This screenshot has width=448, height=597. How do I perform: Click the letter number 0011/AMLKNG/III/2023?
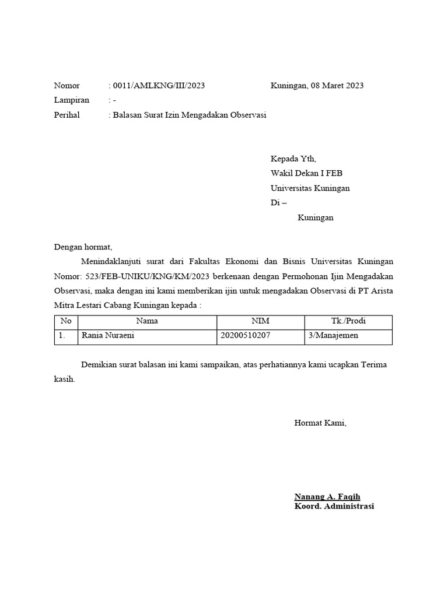[x=159, y=86]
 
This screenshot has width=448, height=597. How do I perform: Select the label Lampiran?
[x=72, y=100]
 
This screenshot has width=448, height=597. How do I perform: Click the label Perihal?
[x=67, y=115]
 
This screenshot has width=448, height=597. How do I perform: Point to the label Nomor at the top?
[x=67, y=86]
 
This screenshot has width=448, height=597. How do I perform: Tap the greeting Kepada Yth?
[x=293, y=159]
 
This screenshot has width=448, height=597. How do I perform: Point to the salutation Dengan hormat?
[x=83, y=247]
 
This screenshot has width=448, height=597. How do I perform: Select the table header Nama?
[x=147, y=321]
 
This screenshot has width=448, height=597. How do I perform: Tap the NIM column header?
[x=260, y=321]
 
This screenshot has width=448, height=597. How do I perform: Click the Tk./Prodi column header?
[x=348, y=321]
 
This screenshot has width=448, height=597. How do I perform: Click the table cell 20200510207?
[x=246, y=335]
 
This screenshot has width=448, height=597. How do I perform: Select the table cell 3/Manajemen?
[x=334, y=335]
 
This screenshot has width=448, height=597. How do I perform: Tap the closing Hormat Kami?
[x=320, y=423]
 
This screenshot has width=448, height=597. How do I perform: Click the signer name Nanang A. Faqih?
[x=327, y=497]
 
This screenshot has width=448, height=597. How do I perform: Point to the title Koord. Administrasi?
[x=334, y=506]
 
